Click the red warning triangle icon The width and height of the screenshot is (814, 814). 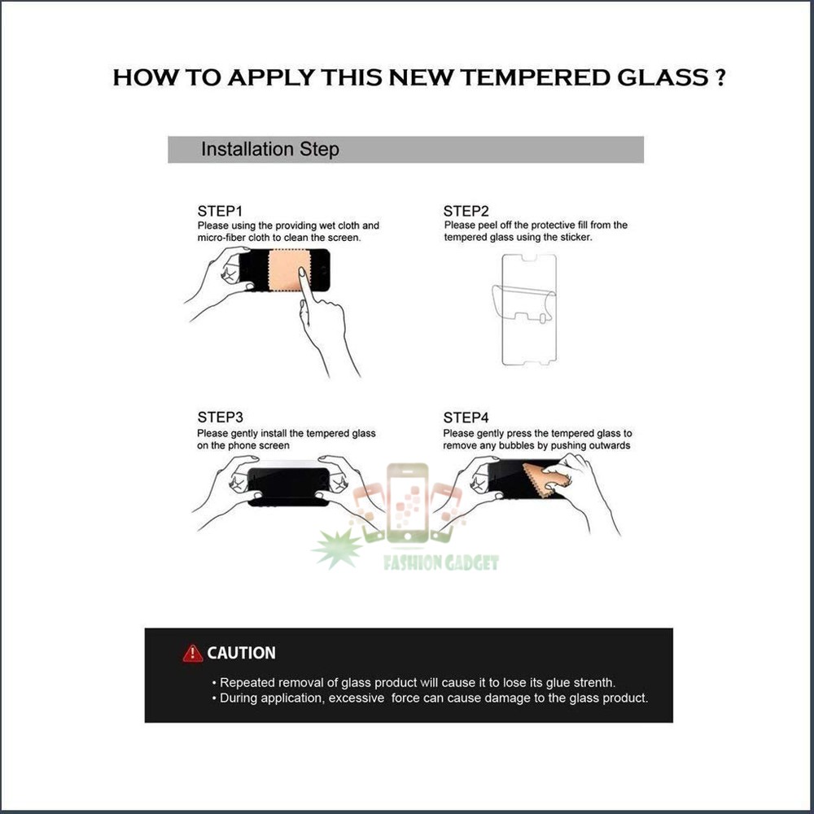pos(193,653)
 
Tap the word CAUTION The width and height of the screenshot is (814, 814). pos(241,653)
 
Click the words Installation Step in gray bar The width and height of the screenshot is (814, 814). pos(269,150)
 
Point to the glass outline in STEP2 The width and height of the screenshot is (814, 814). pos(527,309)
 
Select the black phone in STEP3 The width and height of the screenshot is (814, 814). pos(289,485)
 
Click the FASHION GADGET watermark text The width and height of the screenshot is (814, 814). pos(441,562)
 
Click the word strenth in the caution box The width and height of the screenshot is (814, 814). pos(591,683)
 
